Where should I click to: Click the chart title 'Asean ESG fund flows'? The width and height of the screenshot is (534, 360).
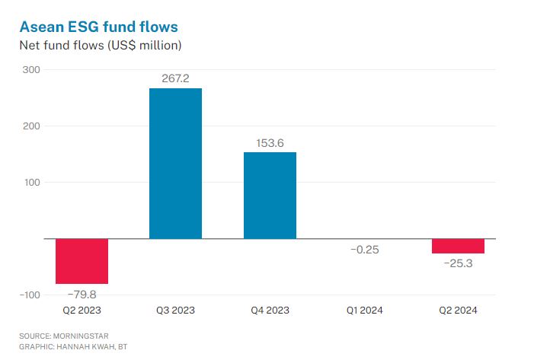click(x=99, y=27)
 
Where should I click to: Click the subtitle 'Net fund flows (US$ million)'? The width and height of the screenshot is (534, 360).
click(x=100, y=46)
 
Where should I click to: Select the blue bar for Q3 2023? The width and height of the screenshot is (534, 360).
click(x=175, y=164)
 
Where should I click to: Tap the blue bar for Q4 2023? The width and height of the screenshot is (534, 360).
click(x=270, y=195)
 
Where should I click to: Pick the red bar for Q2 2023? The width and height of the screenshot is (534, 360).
click(x=82, y=260)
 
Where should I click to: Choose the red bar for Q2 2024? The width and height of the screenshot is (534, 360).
click(x=458, y=246)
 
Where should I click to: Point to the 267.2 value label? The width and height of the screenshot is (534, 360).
click(x=175, y=78)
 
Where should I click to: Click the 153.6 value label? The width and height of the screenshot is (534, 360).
click(x=270, y=142)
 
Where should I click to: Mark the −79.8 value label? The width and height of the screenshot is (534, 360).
click(x=82, y=293)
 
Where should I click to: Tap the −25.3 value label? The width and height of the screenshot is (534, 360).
click(x=458, y=263)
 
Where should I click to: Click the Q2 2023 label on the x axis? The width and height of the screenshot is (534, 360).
click(x=82, y=311)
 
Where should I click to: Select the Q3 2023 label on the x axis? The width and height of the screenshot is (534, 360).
click(x=175, y=311)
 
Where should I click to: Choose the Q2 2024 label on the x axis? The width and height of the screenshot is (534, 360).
click(x=458, y=311)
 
